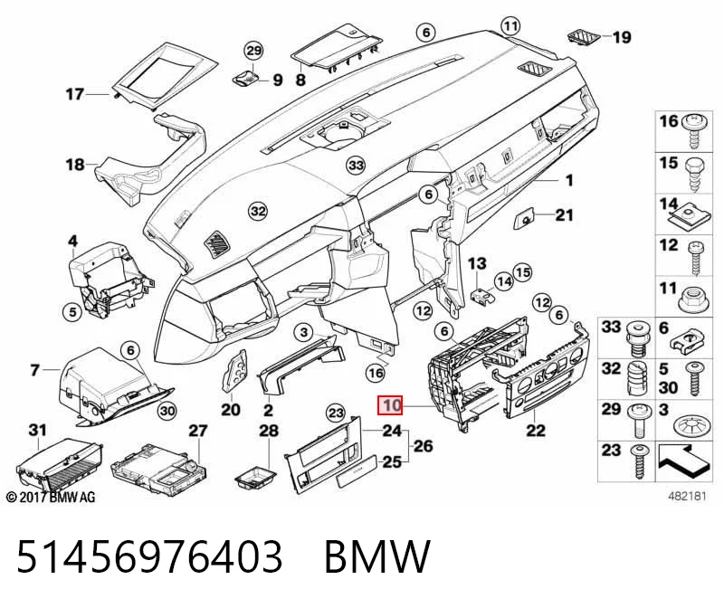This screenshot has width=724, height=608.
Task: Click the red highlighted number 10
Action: pos(391,406)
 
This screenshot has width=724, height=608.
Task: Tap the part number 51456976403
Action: pos(149,556)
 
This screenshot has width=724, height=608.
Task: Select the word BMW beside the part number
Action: pos(377,556)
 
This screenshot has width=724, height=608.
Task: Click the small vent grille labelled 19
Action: pos(583,37)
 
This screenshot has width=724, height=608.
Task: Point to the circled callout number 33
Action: pos(356,165)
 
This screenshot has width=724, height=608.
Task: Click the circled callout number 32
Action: pos(258,212)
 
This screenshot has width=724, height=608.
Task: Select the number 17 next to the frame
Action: pos(75,94)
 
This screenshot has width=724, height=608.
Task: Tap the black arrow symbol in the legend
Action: pos(684,461)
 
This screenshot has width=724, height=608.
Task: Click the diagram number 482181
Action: pos(688,497)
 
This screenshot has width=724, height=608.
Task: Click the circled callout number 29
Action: pos(253,51)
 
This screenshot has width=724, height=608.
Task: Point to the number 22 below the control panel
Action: pos(536,431)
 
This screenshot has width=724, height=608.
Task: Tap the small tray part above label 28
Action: pos(255,477)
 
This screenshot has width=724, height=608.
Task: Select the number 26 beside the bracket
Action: pos(423,446)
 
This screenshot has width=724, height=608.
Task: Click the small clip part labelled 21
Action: pos(525,217)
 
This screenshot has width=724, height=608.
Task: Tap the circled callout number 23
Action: pos(336,413)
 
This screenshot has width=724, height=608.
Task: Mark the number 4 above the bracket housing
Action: pos(73,241)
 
